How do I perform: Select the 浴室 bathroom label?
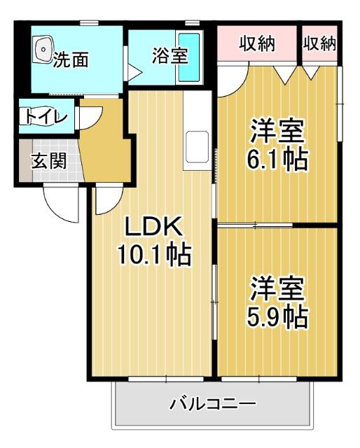169,56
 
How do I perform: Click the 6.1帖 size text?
277,160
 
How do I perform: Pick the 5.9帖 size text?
277,317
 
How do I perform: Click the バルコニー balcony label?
213,404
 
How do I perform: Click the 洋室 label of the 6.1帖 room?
277,131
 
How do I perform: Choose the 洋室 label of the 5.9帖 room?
277,288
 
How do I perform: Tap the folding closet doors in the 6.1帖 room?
298,73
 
